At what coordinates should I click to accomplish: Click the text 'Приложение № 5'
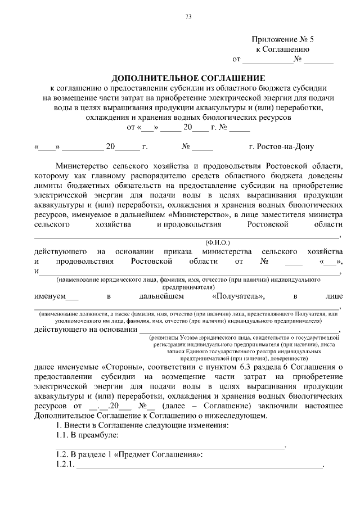click(282, 39)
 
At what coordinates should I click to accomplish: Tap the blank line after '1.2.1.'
click(200, 466)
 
